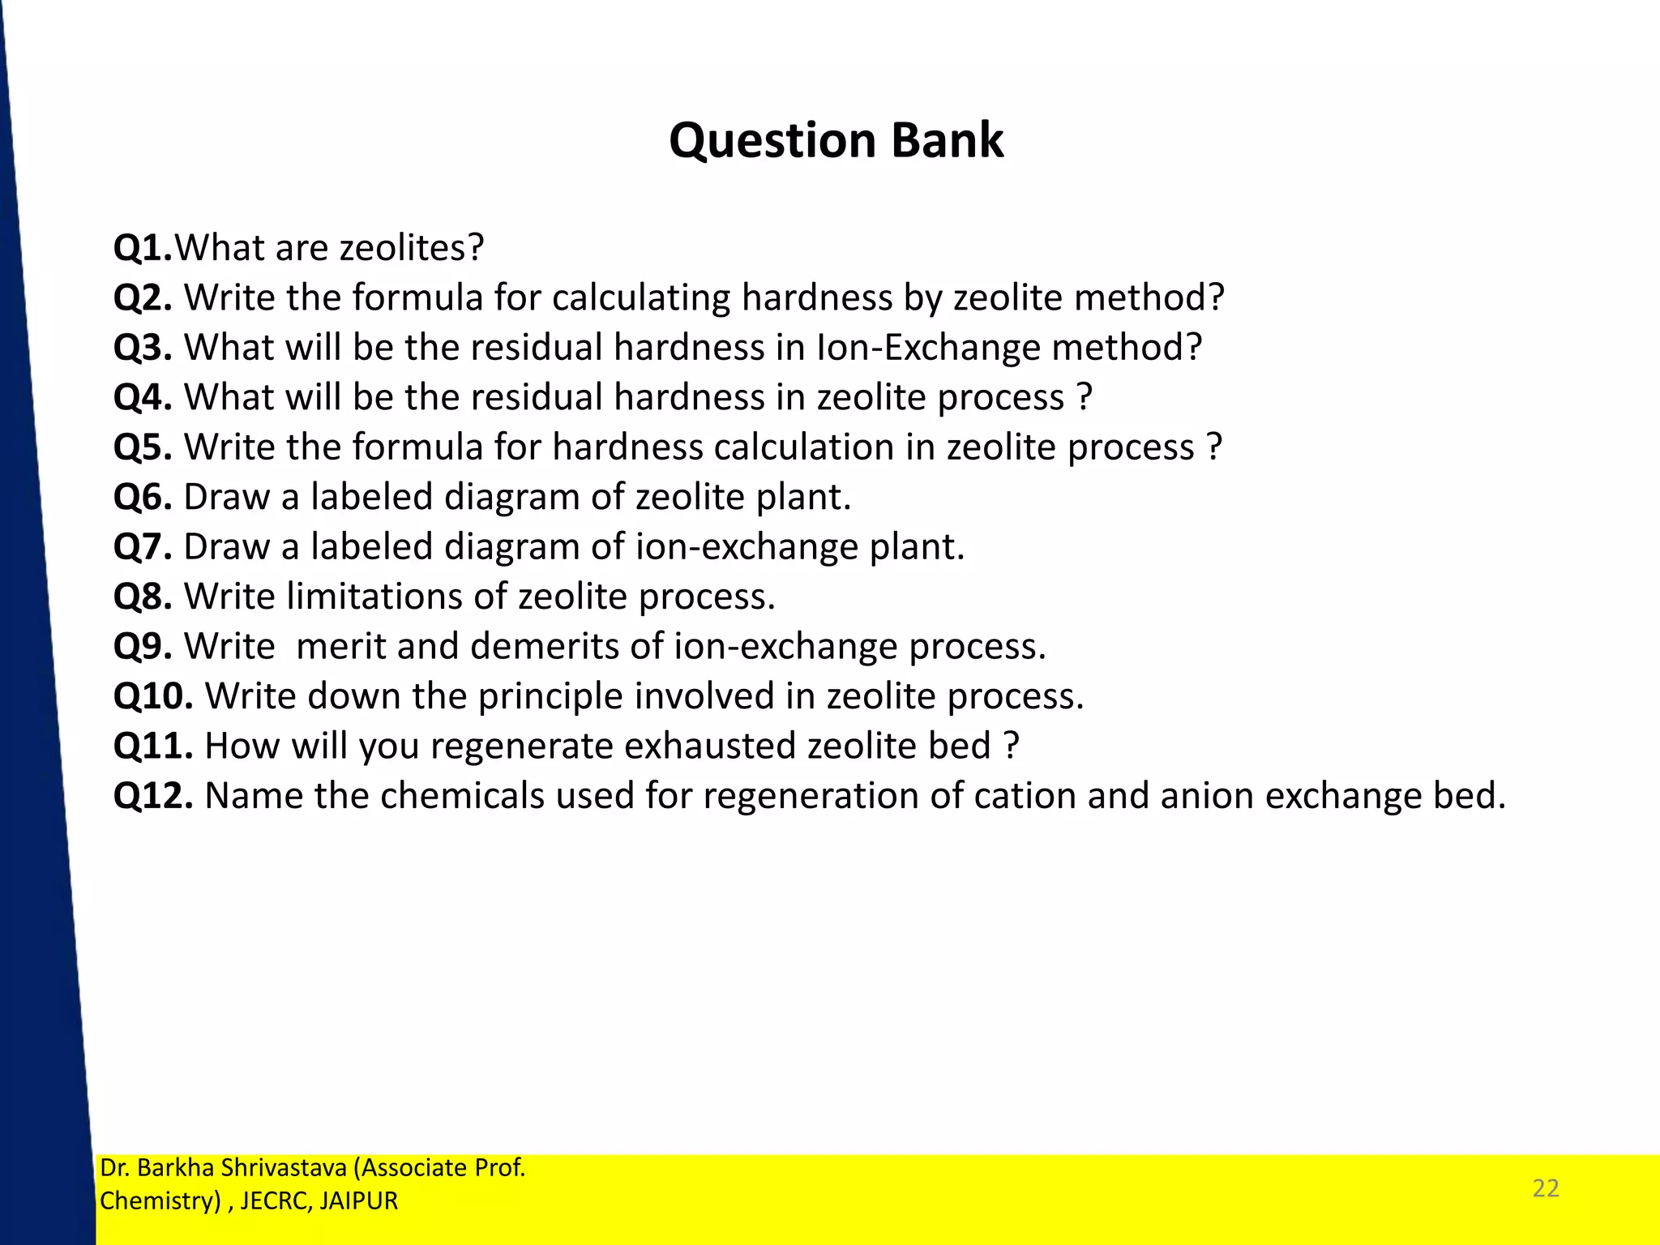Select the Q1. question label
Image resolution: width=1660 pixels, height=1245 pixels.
(143, 248)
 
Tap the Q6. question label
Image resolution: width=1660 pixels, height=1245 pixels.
(143, 497)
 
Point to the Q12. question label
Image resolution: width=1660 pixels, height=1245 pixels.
(153, 796)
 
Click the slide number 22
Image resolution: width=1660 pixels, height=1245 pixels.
(1546, 1188)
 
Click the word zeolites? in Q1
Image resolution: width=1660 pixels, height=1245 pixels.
(411, 248)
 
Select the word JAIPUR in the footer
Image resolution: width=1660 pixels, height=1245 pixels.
(358, 1201)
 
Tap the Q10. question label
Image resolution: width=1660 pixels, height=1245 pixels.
(153, 697)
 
